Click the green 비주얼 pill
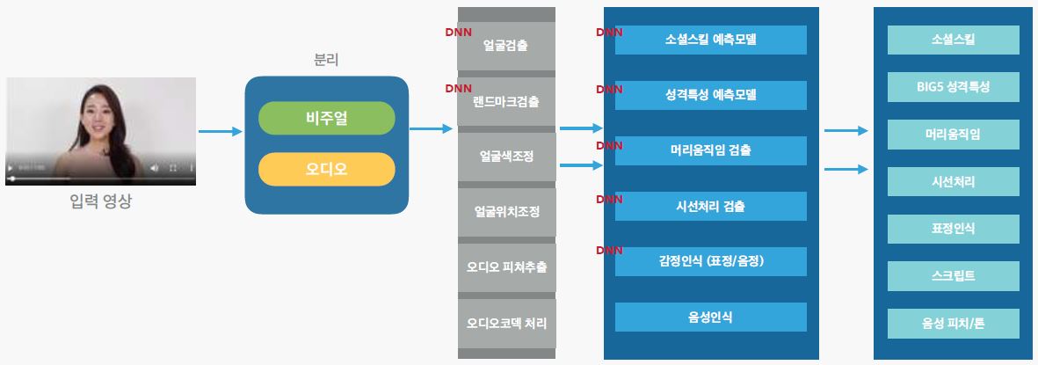click(x=326, y=119)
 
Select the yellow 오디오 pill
click(x=326, y=169)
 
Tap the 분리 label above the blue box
click(x=326, y=60)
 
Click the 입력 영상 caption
click(x=101, y=202)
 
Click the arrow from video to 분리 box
click(x=220, y=132)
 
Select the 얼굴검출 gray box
click(x=506, y=46)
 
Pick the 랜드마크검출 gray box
click(x=506, y=101)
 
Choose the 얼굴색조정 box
click(x=506, y=157)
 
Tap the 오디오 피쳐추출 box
click(x=506, y=266)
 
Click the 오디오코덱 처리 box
click(x=506, y=322)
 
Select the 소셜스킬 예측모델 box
click(x=711, y=40)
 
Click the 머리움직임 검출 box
click(x=711, y=150)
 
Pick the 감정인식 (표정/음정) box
click(x=711, y=261)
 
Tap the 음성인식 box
click(x=711, y=317)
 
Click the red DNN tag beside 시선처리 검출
click(x=609, y=200)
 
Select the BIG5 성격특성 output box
click(x=954, y=87)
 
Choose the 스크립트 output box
click(x=954, y=276)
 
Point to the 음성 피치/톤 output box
click(x=954, y=324)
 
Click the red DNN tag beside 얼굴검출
click(x=459, y=33)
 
